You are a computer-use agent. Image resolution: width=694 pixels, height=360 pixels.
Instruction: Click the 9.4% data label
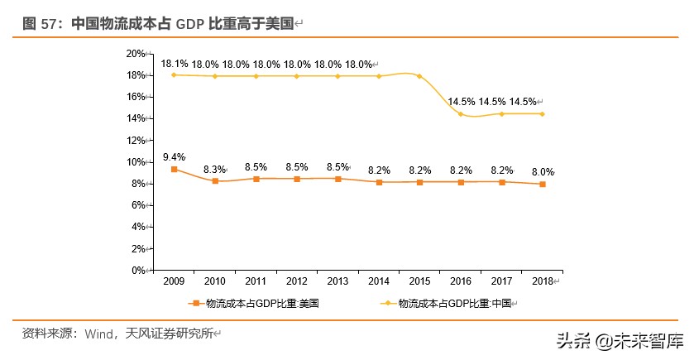pyautogui.click(x=174, y=157)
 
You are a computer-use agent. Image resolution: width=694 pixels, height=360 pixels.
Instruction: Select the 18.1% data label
pyautogui.click(x=174, y=64)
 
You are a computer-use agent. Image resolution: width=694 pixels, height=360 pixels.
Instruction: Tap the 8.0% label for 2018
pyautogui.click(x=542, y=172)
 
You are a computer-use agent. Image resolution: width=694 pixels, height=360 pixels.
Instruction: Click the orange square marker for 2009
pyautogui.click(x=174, y=169)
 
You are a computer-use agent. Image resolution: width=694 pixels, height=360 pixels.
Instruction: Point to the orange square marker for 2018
pyautogui.click(x=542, y=184)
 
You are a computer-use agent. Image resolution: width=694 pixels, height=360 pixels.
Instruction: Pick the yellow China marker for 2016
pyautogui.click(x=461, y=114)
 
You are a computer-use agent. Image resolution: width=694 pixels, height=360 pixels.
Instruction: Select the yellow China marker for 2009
pyautogui.click(x=174, y=74)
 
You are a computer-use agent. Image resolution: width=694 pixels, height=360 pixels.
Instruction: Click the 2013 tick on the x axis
pyautogui.click(x=337, y=282)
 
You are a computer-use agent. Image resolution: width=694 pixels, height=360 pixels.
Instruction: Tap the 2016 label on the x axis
pyautogui.click(x=460, y=282)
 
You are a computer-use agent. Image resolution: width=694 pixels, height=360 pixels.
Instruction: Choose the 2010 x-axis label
pyautogui.click(x=215, y=282)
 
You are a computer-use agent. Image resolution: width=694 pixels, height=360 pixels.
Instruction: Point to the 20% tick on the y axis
pyautogui.click(x=135, y=54)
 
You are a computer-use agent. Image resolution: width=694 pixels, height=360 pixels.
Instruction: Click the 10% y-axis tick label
pyautogui.click(x=135, y=162)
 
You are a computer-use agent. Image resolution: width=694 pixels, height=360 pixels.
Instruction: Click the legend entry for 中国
pyautogui.click(x=451, y=304)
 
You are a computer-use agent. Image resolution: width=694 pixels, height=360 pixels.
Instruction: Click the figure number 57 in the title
pyautogui.click(x=50, y=24)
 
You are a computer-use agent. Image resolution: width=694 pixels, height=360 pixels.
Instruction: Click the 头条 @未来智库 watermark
pyautogui.click(x=620, y=340)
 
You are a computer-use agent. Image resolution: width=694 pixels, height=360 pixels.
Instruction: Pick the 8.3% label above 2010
pyautogui.click(x=215, y=169)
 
